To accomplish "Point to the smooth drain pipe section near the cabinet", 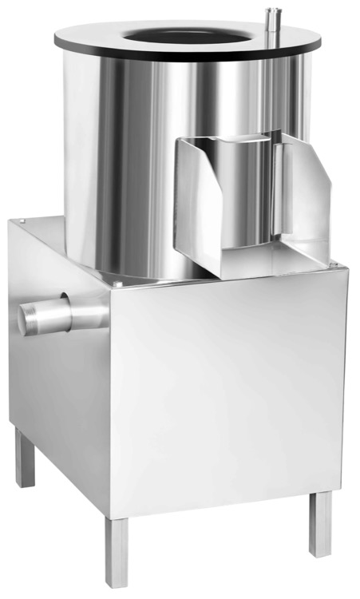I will click(x=80, y=311).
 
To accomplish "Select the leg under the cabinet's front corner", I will click(x=117, y=551).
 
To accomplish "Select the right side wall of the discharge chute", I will click(x=307, y=192).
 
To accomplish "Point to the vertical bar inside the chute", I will click(x=276, y=192).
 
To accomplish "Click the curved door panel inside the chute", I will click(x=239, y=192).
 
